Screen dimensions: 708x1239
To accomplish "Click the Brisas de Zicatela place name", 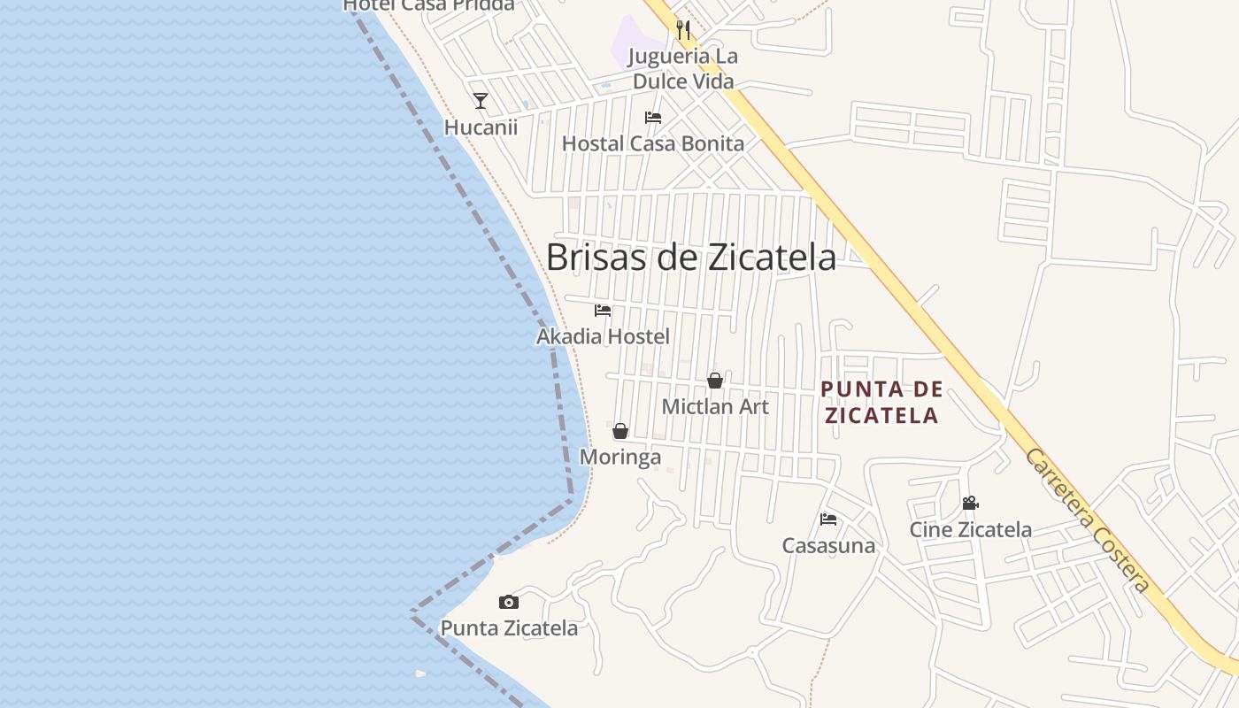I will [690, 258].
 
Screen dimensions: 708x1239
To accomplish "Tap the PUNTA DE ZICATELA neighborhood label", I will [881, 402].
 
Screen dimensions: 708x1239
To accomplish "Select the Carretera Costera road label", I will [1088, 520].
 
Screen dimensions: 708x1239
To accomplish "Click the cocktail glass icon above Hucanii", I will [481, 101].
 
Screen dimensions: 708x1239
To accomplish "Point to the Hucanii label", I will [481, 127].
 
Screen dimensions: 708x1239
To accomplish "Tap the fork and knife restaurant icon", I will [682, 30].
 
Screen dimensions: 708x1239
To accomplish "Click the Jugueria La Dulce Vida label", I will [682, 69].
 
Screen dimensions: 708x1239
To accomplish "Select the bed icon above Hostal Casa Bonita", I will [653, 118].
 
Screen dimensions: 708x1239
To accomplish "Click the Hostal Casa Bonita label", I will [653, 143].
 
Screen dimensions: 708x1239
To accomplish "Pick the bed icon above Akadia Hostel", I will [603, 311].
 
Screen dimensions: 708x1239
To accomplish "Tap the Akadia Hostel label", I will [603, 336].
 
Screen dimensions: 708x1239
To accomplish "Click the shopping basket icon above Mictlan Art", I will [715, 381].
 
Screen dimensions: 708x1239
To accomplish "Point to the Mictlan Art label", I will [715, 407].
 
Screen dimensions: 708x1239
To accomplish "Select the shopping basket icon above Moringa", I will [620, 431].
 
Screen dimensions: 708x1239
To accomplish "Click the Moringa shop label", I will [620, 458].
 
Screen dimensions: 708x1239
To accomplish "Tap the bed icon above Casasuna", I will [828, 519].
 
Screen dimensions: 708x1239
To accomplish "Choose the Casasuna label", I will [828, 546].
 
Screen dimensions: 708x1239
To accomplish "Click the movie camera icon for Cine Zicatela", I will [970, 503].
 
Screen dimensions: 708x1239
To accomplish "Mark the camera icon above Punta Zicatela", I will [509, 603].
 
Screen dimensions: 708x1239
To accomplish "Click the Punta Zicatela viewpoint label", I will [509, 628].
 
